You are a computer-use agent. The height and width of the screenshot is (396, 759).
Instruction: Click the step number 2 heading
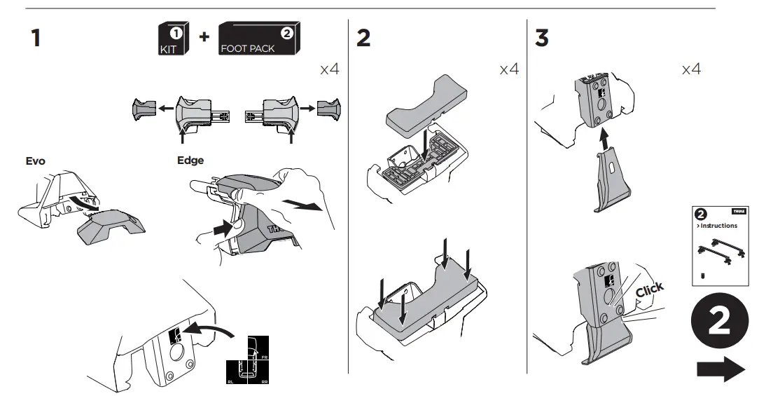[363, 39]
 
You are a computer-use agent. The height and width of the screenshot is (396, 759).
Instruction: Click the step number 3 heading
[542, 39]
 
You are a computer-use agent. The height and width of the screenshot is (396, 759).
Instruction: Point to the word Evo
[35, 161]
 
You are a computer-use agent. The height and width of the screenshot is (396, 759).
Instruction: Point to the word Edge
[190, 161]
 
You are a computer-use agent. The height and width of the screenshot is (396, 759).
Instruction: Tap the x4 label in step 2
[509, 69]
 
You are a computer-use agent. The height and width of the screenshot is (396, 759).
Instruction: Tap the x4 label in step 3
[690, 69]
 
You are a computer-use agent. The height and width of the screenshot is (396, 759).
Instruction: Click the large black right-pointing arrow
[721, 368]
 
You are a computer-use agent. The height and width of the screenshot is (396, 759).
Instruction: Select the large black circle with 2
[721, 322]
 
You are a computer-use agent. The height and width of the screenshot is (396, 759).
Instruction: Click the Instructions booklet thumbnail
[719, 245]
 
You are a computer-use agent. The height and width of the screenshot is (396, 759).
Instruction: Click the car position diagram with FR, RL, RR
[247, 361]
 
